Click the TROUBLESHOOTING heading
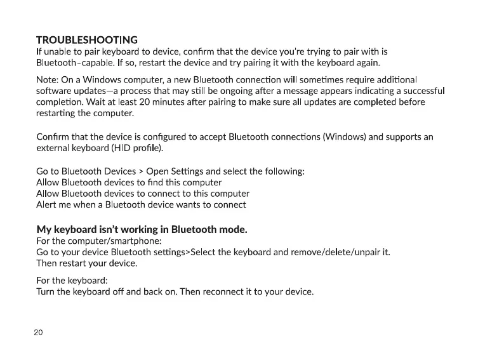point(87,41)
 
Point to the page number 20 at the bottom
point(38,333)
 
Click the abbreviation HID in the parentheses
point(123,149)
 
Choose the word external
point(53,149)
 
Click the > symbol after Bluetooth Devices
point(140,171)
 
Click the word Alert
point(48,204)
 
